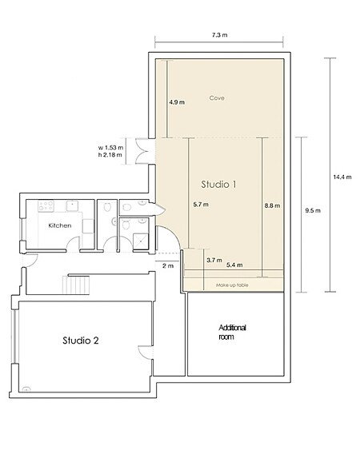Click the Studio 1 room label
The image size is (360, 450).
coord(218,185)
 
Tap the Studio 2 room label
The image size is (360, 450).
coord(81,340)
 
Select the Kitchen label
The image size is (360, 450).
coord(60,225)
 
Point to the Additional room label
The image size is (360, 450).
coord(232,332)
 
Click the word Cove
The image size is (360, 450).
coord(217,98)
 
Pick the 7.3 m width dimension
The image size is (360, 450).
coord(219,35)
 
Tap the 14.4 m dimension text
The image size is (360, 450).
coord(342,177)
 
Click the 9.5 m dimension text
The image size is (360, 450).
coord(313,210)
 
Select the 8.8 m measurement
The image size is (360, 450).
coord(272,205)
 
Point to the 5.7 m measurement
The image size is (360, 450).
coord(201,205)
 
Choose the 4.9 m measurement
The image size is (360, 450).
coord(177,102)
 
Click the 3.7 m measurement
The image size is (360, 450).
coord(214,261)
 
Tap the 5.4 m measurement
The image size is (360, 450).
coord(234,265)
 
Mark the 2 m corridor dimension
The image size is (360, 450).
coord(168,265)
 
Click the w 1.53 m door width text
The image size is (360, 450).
coord(110,148)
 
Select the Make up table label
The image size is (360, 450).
coord(232,285)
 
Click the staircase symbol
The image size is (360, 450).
coord(76,285)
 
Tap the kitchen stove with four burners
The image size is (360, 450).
coord(46,205)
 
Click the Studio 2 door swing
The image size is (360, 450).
coord(144,352)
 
